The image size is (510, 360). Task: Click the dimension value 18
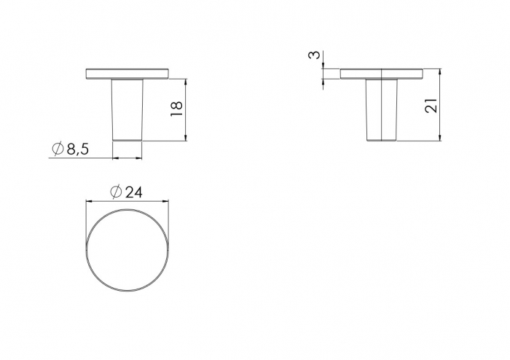click(176, 109)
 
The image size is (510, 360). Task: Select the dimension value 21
click(431, 105)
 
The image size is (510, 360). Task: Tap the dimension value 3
click(314, 55)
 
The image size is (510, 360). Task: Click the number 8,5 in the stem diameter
click(77, 149)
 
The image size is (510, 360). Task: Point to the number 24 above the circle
click(133, 192)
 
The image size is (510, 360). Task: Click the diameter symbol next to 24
click(116, 192)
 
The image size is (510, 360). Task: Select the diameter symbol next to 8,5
click(58, 149)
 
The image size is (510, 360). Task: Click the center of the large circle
click(127, 250)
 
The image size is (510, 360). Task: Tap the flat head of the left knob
click(127, 74)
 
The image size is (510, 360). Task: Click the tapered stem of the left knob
click(127, 110)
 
